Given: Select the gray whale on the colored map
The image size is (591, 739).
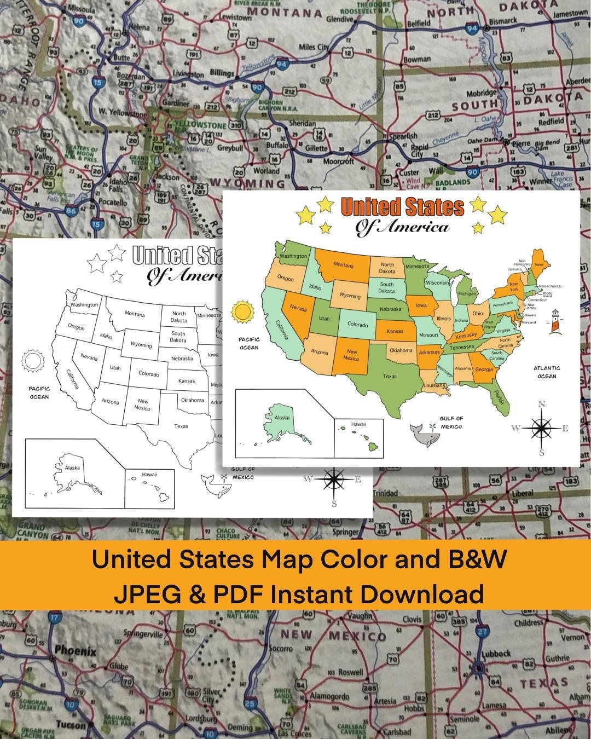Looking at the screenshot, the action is point(426,436).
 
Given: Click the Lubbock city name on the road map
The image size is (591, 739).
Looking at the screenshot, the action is point(496,654).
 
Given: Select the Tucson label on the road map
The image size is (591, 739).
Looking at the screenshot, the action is point(72,725).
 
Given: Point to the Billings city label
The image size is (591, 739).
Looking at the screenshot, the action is point(222,73).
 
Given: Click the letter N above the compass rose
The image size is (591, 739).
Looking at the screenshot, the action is point(542,405).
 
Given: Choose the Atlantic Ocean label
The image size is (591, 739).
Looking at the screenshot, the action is point(547,372).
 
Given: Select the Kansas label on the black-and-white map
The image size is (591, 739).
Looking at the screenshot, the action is point(187,380).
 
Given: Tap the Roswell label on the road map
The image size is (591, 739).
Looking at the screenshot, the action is point(350,672).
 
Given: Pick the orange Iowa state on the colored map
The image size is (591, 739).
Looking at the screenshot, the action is point(421,306).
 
